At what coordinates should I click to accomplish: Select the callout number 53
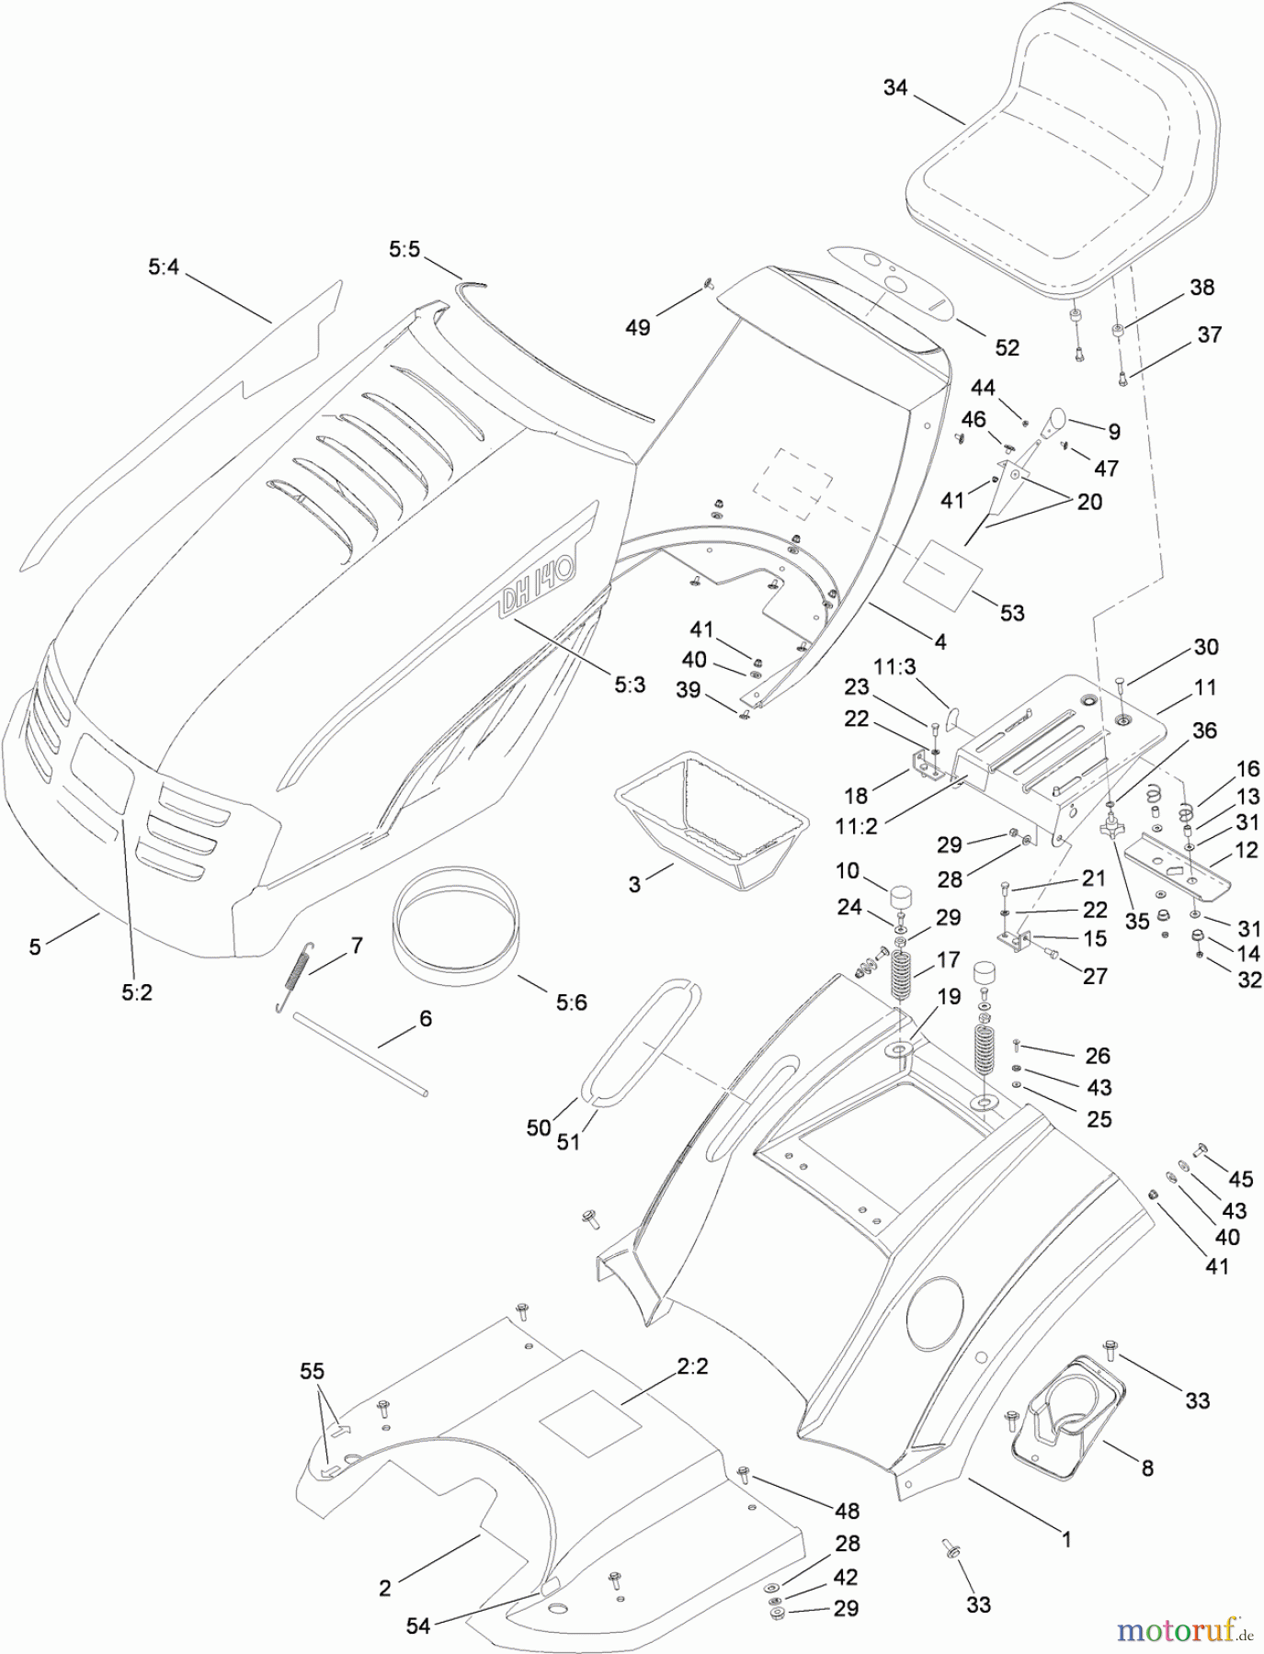pyautogui.click(x=1011, y=612)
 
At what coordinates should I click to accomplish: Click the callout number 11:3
pyautogui.click(x=894, y=667)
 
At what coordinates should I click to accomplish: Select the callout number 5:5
pyautogui.click(x=404, y=249)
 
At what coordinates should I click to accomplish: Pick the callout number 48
pyautogui.click(x=846, y=1510)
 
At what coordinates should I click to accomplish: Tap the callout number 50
pyautogui.click(x=539, y=1127)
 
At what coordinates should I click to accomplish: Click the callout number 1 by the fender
pyautogui.click(x=1066, y=1538)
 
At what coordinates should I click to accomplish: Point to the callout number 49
pyautogui.click(x=637, y=327)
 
